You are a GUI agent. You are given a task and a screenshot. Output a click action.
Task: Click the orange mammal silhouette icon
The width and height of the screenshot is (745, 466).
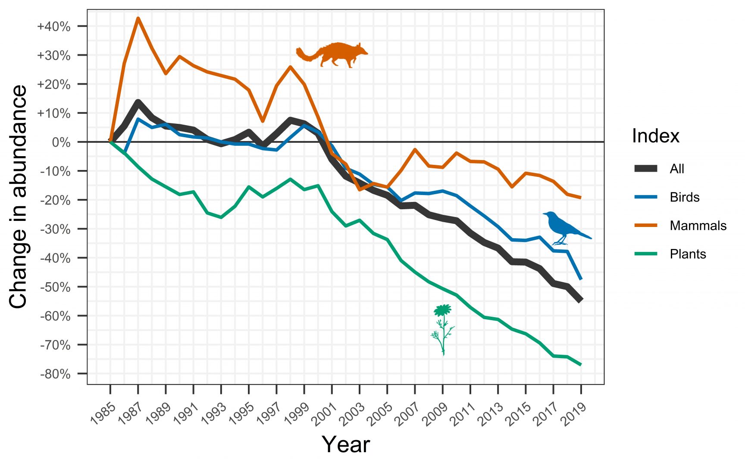pos(332,55)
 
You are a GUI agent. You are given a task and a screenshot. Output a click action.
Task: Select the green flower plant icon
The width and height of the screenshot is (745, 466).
pos(443,328)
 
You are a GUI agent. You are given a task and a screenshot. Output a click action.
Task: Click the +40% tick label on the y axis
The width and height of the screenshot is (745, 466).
pos(54,26)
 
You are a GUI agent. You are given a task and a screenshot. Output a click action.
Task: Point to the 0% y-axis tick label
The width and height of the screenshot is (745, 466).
pos(61,142)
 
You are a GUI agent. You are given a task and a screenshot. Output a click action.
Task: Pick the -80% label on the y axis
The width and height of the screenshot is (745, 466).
pos(55,374)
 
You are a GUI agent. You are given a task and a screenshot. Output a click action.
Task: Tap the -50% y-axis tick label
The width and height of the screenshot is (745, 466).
pos(55,287)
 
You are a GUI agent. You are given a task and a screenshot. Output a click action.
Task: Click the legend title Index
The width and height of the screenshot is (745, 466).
pos(655,136)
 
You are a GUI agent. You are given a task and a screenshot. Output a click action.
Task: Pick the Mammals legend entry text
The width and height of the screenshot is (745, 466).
pos(698,226)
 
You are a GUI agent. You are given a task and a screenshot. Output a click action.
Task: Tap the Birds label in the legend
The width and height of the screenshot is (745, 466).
pos(684,197)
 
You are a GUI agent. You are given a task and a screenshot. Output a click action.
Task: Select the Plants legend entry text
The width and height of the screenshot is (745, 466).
pos(688,254)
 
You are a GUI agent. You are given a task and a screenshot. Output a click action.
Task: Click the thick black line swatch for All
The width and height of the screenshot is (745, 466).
pos(646,169)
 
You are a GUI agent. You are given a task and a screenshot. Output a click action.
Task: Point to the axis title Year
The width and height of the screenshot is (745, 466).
pos(346,444)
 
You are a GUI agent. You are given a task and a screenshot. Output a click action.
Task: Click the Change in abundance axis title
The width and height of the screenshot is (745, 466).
pos(18,196)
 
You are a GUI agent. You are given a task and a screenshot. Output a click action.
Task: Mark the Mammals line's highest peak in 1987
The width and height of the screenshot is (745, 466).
pos(138,18)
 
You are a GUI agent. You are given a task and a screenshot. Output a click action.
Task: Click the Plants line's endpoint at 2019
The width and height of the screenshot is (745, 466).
pos(581,365)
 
